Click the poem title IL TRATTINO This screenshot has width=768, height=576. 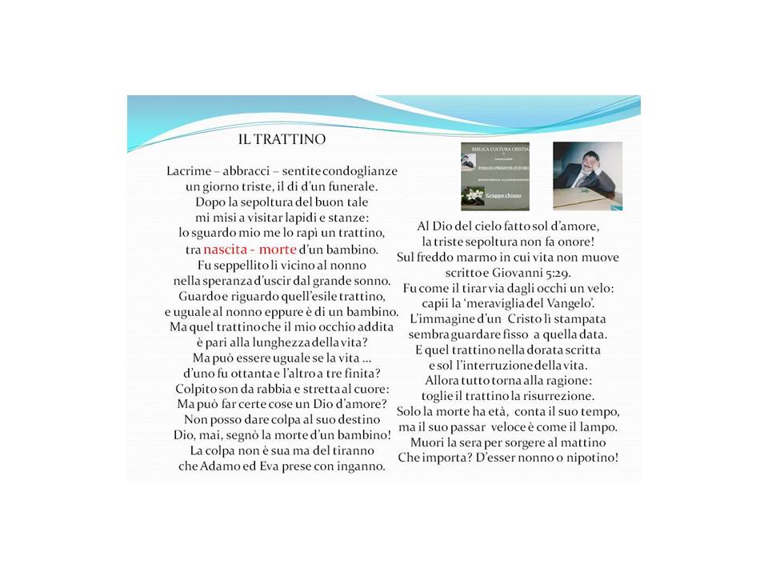[282, 139]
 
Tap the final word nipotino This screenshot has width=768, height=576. [588, 458]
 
